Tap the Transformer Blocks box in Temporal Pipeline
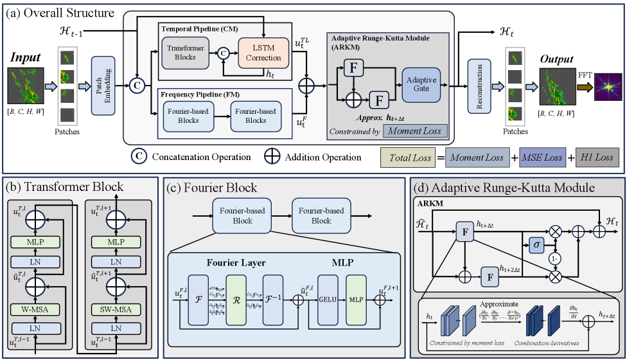click(x=186, y=53)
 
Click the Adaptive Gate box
click(x=420, y=84)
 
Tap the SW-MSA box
click(x=116, y=310)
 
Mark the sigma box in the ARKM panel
click(x=536, y=244)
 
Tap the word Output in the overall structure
click(x=556, y=60)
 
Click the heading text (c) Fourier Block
click(x=213, y=188)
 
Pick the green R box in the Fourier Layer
click(x=236, y=300)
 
